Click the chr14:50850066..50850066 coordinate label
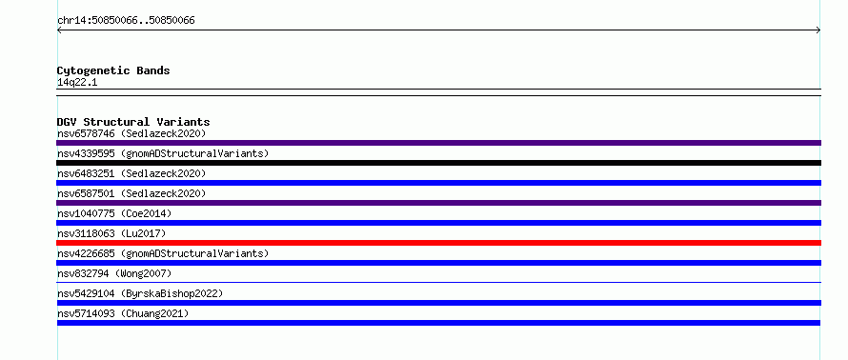(x=126, y=21)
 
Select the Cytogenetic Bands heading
(x=113, y=70)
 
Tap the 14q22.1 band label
(x=77, y=83)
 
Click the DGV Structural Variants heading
(x=133, y=122)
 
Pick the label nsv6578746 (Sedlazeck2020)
(x=131, y=133)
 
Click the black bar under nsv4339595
(x=438, y=163)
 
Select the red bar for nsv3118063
(x=438, y=243)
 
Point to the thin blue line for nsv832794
(x=438, y=282)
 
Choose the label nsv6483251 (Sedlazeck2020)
(x=131, y=173)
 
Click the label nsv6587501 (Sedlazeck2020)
(x=131, y=193)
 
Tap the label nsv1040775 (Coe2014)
(x=114, y=213)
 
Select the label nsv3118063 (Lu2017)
(x=111, y=233)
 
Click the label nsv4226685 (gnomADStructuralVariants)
(x=163, y=253)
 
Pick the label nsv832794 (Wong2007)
(x=114, y=273)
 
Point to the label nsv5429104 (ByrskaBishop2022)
(x=140, y=293)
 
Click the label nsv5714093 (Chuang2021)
(x=123, y=313)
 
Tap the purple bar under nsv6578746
(x=438, y=143)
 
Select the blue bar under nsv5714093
(x=438, y=323)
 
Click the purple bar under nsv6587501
(x=438, y=203)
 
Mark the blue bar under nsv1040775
(x=438, y=223)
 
